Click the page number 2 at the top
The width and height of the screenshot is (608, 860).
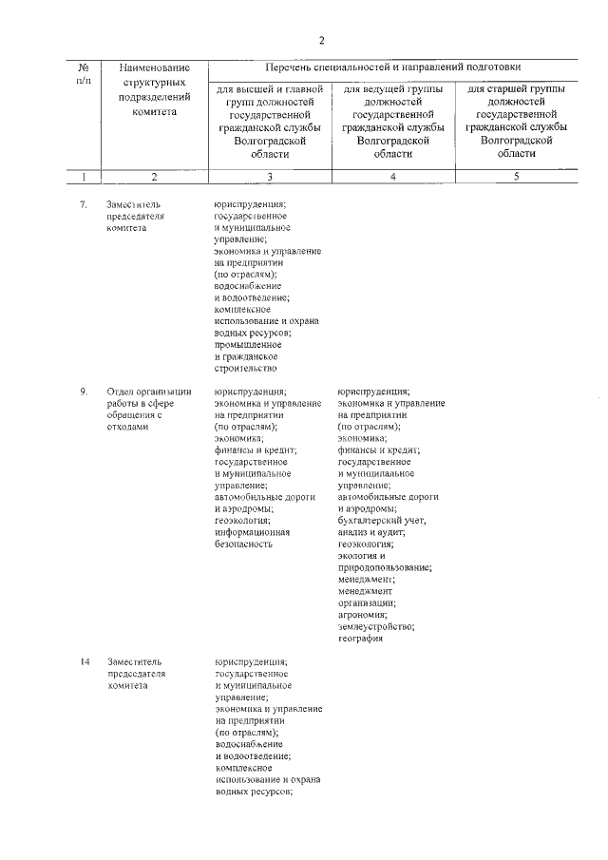pos(322,40)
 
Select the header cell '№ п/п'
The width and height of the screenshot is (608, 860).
pos(84,75)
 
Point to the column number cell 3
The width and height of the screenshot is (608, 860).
pos(269,176)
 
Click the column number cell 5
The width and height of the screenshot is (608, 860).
pos(516,176)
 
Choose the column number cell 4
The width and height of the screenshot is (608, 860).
pos(392,176)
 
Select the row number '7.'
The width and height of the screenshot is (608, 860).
pos(84,203)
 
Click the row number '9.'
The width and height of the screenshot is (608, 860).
pos(84,391)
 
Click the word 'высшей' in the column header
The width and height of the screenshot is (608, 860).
pos(251,89)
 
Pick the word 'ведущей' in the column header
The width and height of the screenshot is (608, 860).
pos(378,89)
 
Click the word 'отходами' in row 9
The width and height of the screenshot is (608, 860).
pos(128,427)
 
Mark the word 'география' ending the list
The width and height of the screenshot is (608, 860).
pos(360,639)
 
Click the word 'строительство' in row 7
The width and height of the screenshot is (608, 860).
pos(245,368)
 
